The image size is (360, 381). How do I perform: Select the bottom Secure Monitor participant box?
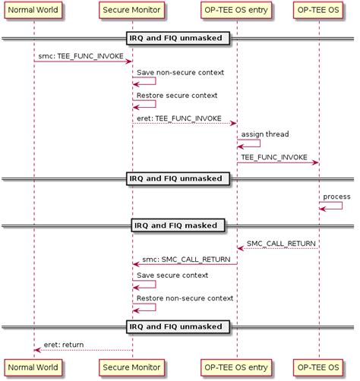(132, 368)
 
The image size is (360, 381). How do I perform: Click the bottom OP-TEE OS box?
(318, 368)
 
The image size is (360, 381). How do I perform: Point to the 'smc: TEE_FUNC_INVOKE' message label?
(81, 56)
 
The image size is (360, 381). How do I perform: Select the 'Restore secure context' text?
(177, 96)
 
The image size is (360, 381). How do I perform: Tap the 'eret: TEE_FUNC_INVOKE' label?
(179, 118)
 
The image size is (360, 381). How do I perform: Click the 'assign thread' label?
(265, 134)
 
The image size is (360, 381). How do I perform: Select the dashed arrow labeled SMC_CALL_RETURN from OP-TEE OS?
(277, 248)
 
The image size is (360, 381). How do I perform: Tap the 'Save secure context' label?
(172, 275)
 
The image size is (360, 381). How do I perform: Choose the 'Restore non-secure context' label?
(185, 298)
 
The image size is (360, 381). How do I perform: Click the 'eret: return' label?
(65, 345)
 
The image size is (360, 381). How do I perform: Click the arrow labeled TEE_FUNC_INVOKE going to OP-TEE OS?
(277, 162)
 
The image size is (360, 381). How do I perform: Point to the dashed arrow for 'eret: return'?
(84, 350)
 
